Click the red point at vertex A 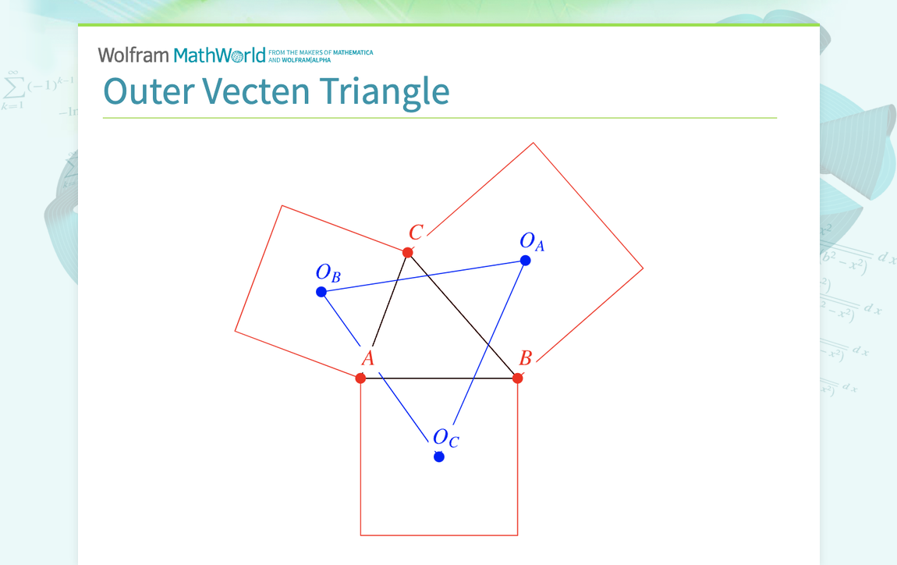[360, 378]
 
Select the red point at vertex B [517, 378]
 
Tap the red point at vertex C [407, 252]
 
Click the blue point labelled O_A [526, 261]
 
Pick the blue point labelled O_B [321, 292]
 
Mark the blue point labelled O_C [439, 457]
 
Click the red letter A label [368, 359]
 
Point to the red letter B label [526, 358]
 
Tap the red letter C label [416, 233]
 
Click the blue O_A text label [532, 241]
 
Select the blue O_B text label [328, 273]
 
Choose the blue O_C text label [446, 438]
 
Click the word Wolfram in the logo [133, 55]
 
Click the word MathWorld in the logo [220, 55]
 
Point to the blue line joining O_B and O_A [424, 276]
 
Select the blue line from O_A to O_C [490, 339]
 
